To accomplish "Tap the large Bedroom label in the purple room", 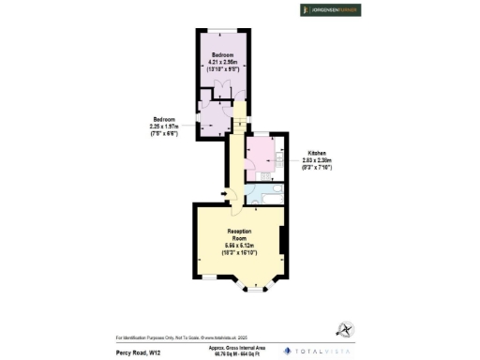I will (222, 55).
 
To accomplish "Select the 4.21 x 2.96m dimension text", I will (222, 63).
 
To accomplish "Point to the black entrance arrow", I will (223, 195).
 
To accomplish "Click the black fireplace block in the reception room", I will (281, 241).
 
